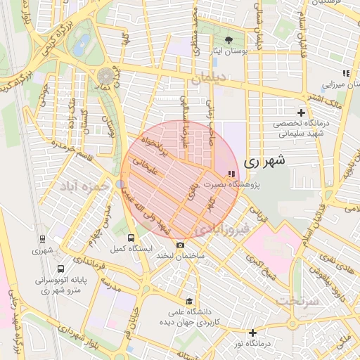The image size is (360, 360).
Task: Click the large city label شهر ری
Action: coord(265,161)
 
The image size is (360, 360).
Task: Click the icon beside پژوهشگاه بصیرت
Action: coord(232,174)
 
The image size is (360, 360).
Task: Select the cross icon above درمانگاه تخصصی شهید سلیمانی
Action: coord(301,112)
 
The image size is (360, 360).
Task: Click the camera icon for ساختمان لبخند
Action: coord(181,245)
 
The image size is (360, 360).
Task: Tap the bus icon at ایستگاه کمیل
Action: coord(131,238)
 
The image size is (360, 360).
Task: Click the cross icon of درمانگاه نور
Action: coord(252,332)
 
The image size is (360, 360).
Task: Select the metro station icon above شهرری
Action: coord(42,239)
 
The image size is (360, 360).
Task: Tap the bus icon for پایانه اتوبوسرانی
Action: coord(60,269)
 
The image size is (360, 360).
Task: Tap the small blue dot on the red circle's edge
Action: coord(121,184)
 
